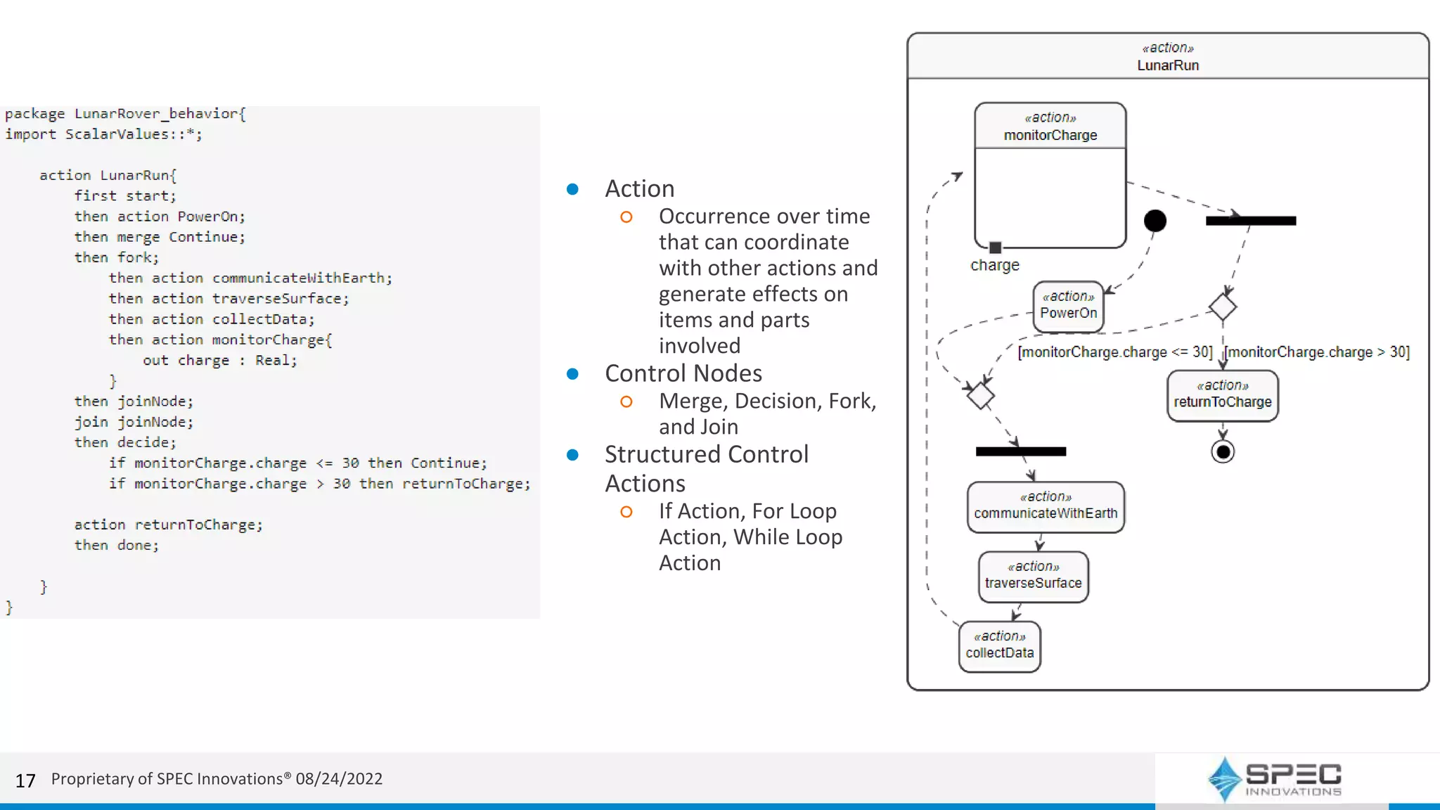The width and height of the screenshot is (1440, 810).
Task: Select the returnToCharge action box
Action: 1222,396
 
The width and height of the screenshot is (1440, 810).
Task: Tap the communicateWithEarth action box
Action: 1045,507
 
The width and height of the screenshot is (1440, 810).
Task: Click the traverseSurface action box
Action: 1033,577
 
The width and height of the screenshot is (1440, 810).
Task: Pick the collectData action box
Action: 999,646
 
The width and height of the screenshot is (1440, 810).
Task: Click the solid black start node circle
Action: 1155,221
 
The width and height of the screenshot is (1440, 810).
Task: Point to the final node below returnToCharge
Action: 1223,451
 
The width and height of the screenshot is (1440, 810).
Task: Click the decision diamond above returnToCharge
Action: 1223,307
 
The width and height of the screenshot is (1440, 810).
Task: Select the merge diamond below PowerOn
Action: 980,396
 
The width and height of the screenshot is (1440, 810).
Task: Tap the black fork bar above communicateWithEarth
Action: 1020,451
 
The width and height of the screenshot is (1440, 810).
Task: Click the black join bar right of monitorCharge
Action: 1250,221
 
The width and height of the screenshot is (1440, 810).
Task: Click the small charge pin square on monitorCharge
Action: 995,247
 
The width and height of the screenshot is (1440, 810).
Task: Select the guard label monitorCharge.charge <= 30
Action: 1114,352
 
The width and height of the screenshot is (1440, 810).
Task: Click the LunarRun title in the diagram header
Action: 1168,65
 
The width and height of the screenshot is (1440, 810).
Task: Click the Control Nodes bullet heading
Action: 683,373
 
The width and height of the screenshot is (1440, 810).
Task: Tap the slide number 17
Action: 25,780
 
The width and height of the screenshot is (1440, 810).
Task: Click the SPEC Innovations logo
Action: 1274,778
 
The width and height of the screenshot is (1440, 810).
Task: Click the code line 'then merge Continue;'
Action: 160,237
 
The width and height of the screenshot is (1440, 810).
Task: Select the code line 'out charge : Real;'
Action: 219,360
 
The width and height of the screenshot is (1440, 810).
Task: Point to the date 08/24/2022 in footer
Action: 339,779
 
